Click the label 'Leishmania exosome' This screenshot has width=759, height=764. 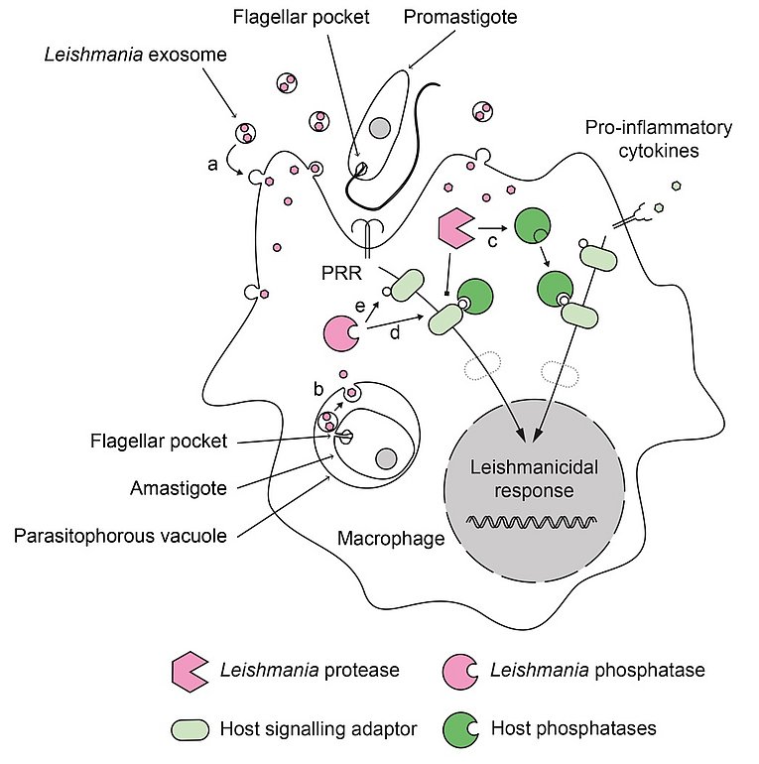click(136, 55)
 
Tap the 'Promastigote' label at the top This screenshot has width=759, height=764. click(460, 17)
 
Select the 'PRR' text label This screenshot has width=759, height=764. click(341, 273)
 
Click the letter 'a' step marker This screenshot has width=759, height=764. click(212, 165)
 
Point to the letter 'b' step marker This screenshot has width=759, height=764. click(318, 389)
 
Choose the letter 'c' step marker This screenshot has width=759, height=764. click(492, 241)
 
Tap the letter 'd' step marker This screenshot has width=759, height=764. click(395, 332)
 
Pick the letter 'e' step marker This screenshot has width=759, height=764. click(360, 306)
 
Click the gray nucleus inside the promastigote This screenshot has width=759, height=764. click(379, 128)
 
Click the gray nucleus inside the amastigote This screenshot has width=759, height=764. click(386, 458)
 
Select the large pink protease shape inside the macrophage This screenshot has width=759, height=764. click(455, 228)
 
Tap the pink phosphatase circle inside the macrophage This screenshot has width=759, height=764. click(340, 333)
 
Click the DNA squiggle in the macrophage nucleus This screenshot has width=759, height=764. click(532, 522)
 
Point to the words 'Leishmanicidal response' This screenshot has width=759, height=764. click(534, 479)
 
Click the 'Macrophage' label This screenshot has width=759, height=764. click(391, 539)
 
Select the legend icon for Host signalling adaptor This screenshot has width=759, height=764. click(190, 729)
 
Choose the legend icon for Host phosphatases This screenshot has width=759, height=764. click(460, 729)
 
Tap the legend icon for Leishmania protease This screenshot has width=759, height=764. click(190, 672)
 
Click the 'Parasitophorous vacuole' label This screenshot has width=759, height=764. click(120, 536)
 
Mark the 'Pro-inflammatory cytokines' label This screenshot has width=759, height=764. click(659, 139)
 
